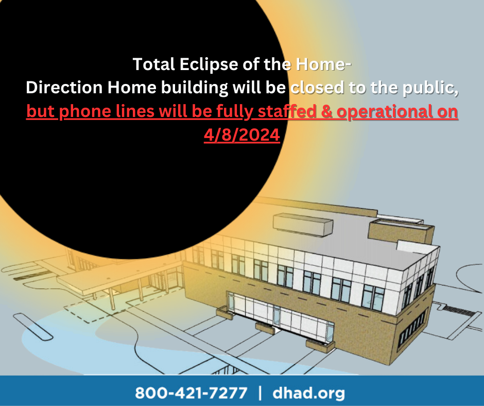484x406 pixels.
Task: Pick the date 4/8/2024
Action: point(242,136)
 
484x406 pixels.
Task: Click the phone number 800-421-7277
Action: point(191,393)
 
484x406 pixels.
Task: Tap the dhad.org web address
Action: point(308,393)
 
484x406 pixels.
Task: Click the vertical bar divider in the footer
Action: point(261,393)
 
